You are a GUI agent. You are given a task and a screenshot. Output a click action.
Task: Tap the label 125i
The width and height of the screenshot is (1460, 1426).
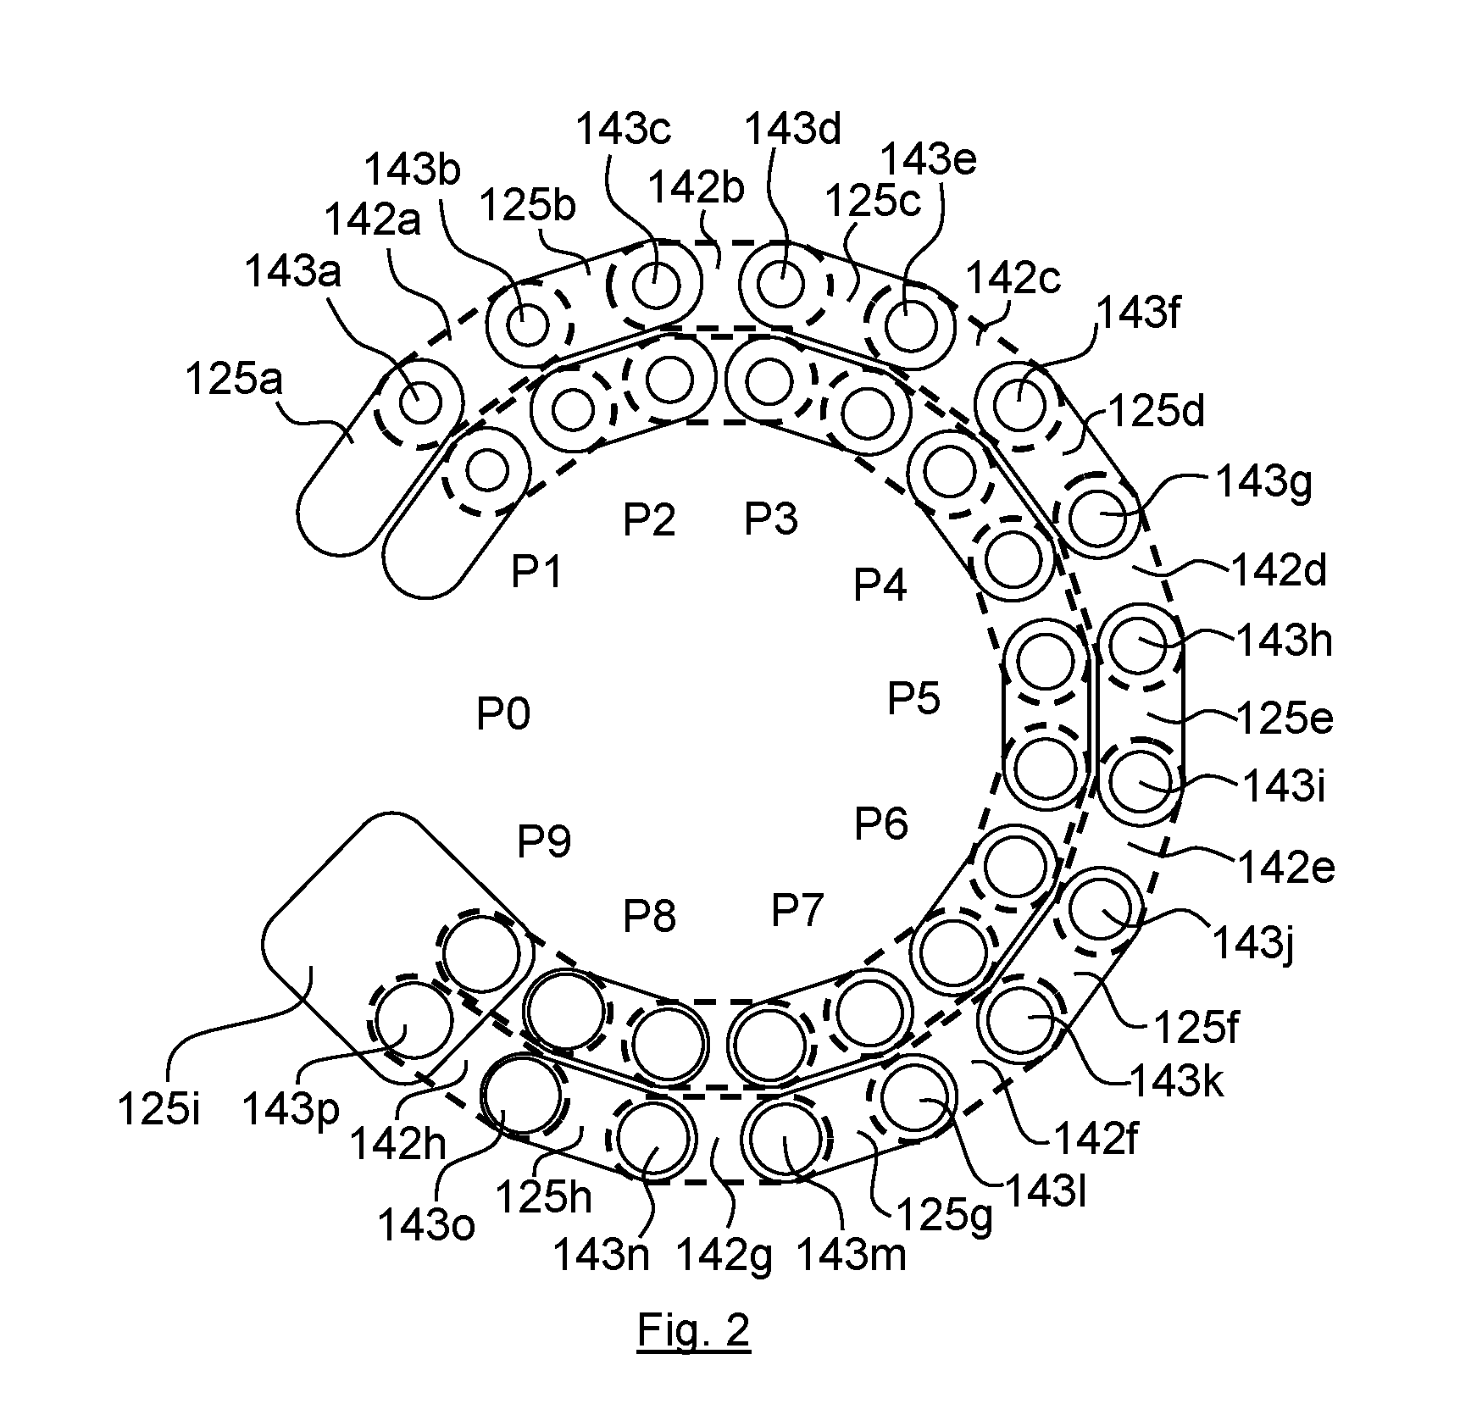coord(159,1110)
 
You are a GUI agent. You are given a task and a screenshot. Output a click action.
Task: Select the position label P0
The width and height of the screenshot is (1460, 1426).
coord(503,713)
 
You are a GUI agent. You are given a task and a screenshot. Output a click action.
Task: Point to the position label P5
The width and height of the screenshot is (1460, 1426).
coord(914,699)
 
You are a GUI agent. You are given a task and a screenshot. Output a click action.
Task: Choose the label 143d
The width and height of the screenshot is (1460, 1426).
coord(793,130)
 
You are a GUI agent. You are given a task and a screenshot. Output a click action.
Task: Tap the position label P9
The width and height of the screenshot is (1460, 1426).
coord(544,841)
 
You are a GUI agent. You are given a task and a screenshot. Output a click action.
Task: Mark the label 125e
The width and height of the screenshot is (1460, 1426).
coord(1285,719)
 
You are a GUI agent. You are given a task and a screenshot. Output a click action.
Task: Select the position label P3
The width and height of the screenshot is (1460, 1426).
coord(771,519)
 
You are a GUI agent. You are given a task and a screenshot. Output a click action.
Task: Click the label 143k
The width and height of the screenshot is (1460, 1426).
coord(1177,1081)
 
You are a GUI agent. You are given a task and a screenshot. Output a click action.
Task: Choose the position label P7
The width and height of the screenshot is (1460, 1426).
coord(797,911)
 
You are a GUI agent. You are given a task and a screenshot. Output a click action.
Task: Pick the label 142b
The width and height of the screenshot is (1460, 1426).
coord(696,187)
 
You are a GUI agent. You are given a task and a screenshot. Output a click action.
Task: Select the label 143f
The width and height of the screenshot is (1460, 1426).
coord(1139,316)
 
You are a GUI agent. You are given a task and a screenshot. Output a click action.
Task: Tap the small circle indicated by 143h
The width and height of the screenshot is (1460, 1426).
coord(1140,644)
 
